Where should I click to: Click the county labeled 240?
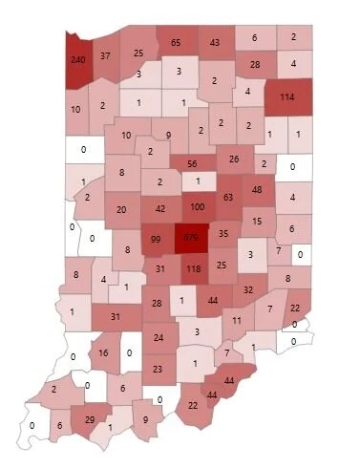coord(78,59)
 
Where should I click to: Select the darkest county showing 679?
coord(191,236)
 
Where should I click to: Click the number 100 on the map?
coord(197,206)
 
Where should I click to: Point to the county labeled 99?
coord(155,237)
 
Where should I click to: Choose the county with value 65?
coord(176,43)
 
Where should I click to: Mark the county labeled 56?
coord(192,163)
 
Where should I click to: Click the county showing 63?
coord(227,198)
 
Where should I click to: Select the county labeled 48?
coord(257,190)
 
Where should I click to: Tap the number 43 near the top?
coord(215,43)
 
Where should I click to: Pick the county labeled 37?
coord(106,55)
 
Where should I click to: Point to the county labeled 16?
coord(104,352)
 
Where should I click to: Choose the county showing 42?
coord(160,208)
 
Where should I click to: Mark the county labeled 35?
coord(223,232)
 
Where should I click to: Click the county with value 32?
coord(248,288)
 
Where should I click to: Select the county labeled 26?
coord(235,159)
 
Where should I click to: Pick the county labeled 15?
coord(258,222)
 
